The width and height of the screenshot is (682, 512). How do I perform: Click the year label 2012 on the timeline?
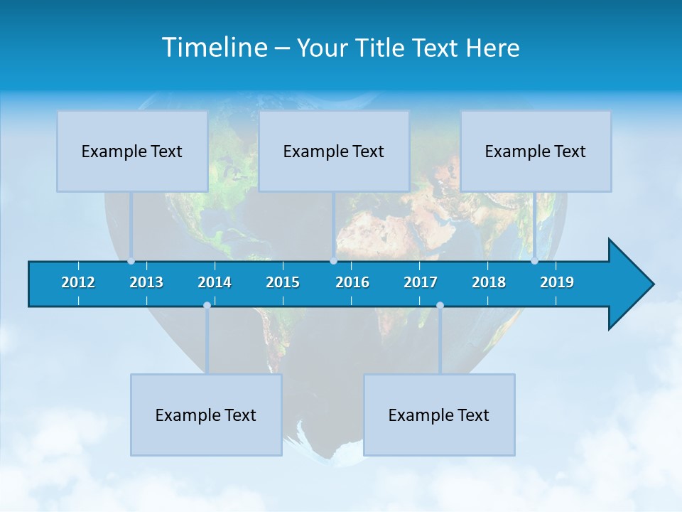[x=78, y=282]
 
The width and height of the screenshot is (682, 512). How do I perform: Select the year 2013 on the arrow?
[x=146, y=282]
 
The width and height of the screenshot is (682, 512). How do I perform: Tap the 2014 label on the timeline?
[x=215, y=282]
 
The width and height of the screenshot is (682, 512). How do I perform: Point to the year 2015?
[x=283, y=282]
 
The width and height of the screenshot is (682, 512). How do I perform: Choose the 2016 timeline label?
[x=352, y=282]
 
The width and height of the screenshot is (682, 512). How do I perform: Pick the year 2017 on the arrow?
[x=421, y=282]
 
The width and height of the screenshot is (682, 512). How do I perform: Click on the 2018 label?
[x=489, y=282]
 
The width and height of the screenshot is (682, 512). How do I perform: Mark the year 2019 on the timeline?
[x=557, y=282]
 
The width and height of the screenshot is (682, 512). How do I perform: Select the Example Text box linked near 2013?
[x=132, y=151]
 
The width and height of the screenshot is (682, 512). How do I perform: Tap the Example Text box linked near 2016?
[x=334, y=151]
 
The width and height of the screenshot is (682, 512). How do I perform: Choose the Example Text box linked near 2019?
[x=536, y=151]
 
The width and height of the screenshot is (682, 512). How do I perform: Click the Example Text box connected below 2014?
[x=206, y=415]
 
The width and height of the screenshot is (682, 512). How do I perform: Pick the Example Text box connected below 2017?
[x=439, y=415]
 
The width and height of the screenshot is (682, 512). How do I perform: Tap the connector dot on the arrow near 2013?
[x=131, y=261]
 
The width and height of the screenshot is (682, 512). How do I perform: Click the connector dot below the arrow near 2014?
[x=207, y=306]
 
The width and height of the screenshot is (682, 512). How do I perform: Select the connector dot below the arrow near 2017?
[x=440, y=306]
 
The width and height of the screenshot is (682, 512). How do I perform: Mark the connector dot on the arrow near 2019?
[x=534, y=261]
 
